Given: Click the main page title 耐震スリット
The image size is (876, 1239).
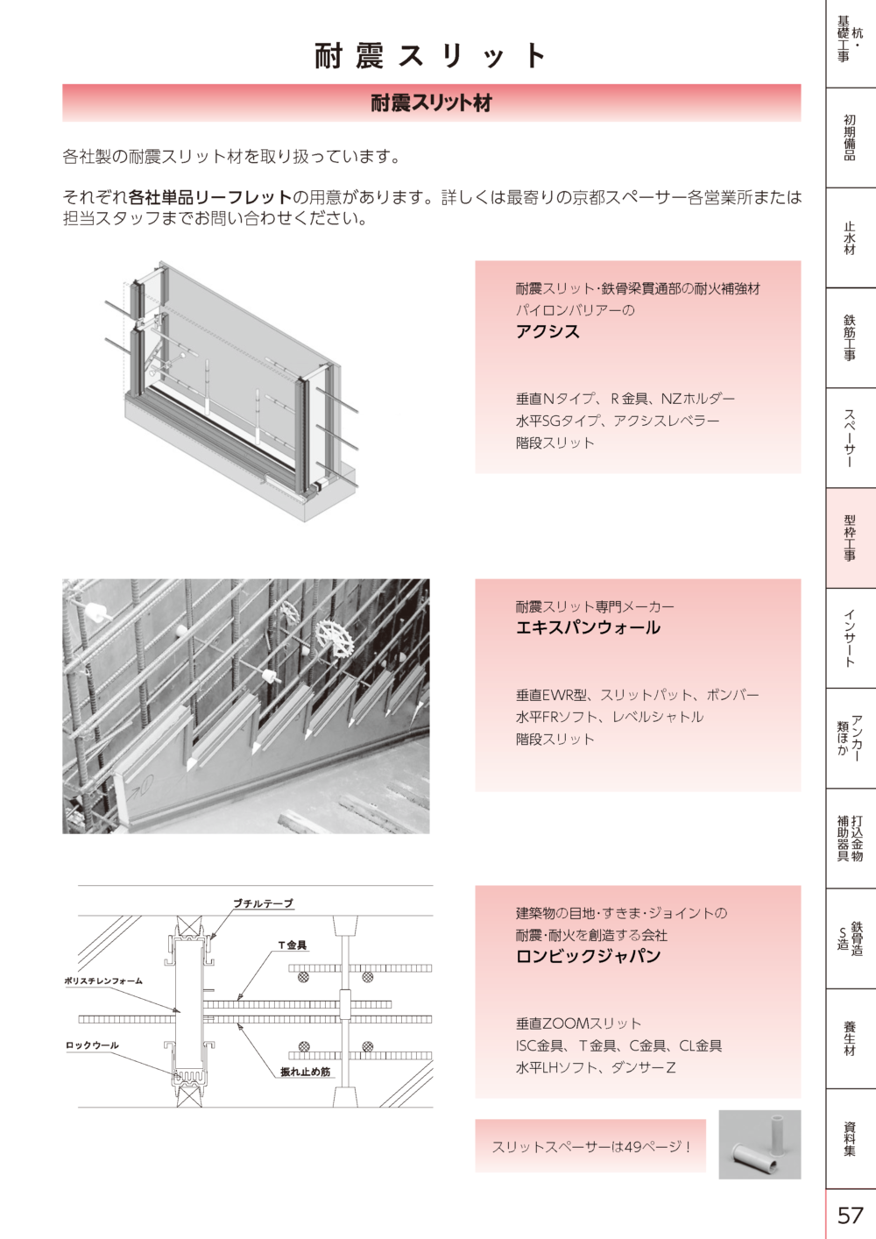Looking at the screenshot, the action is [431, 55].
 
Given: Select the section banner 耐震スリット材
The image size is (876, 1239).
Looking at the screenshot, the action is [431, 103].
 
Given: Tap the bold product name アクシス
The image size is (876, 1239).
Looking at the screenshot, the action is [547, 331].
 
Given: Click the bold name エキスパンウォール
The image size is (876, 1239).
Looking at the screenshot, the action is [588, 627].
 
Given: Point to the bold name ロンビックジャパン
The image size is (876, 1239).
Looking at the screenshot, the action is [588, 956].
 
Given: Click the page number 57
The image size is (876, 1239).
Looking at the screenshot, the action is [850, 1215].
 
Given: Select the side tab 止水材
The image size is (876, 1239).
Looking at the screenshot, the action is [850, 237].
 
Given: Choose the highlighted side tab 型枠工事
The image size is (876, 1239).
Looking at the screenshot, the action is [850, 538].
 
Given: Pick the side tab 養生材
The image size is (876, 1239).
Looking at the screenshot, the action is [850, 1038].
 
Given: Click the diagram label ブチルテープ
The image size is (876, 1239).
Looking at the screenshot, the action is [263, 903].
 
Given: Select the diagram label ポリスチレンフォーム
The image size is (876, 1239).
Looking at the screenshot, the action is [104, 981].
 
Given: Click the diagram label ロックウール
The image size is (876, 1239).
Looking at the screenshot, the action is [92, 1044].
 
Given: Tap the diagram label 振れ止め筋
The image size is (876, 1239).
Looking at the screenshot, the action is [305, 1072].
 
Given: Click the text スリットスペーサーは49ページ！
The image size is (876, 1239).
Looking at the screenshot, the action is [591, 1147].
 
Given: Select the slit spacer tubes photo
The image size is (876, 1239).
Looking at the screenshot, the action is [759, 1144].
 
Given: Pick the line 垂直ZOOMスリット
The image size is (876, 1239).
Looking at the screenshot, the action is [578, 1023].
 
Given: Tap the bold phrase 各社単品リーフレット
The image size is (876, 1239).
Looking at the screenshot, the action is [210, 197].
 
